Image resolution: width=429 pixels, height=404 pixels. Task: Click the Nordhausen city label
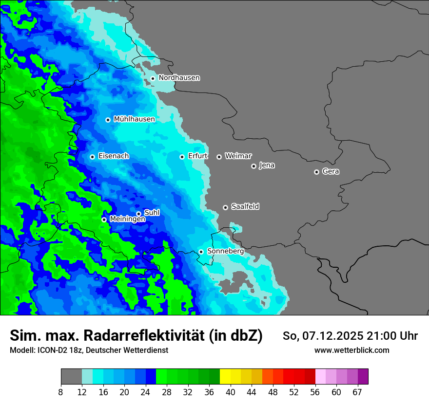pyautogui.click(x=179, y=78)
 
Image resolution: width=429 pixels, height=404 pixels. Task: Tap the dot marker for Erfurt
pyautogui.click(x=182, y=157)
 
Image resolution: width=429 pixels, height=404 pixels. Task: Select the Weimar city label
pyautogui.click(x=238, y=156)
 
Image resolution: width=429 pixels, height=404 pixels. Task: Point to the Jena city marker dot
pyautogui.click(x=253, y=166)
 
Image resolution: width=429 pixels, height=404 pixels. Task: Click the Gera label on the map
pyautogui.click(x=331, y=172)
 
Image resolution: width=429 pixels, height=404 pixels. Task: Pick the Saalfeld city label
pyautogui.click(x=245, y=207)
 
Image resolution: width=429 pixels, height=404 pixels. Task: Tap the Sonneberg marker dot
pyautogui.click(x=201, y=252)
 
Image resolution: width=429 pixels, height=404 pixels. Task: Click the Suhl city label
pyautogui.click(x=152, y=213)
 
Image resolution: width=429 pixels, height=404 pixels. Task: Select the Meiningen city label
pyautogui.click(x=127, y=220)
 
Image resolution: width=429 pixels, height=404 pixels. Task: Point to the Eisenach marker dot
pyautogui.click(x=92, y=157)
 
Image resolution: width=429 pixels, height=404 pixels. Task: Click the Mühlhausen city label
pyautogui.click(x=134, y=119)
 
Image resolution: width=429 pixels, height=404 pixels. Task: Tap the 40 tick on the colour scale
pyautogui.click(x=231, y=392)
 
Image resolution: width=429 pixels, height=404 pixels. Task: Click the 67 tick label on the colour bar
pyautogui.click(x=357, y=392)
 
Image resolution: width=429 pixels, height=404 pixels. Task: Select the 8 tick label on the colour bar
pyautogui.click(x=61, y=392)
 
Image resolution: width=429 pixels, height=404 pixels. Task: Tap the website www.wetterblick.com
pyautogui.click(x=351, y=350)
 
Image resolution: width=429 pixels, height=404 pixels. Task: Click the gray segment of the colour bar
pyautogui.click(x=71, y=377)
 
